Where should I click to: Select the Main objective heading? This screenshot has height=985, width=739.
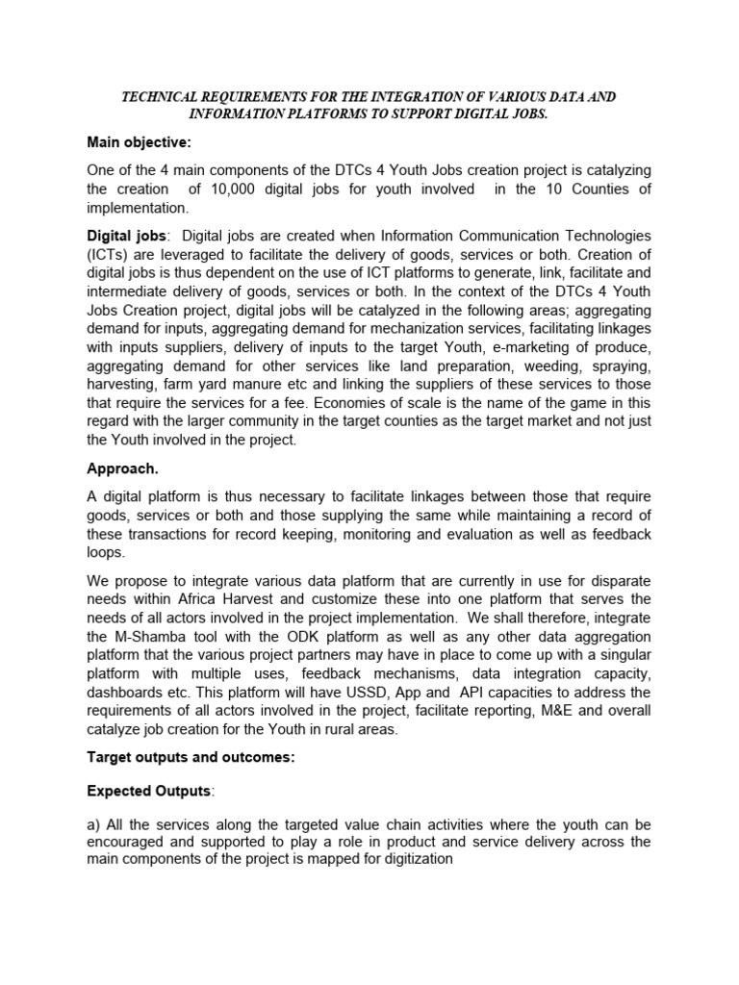(x=140, y=143)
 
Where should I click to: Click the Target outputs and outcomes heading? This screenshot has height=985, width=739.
(x=191, y=757)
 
